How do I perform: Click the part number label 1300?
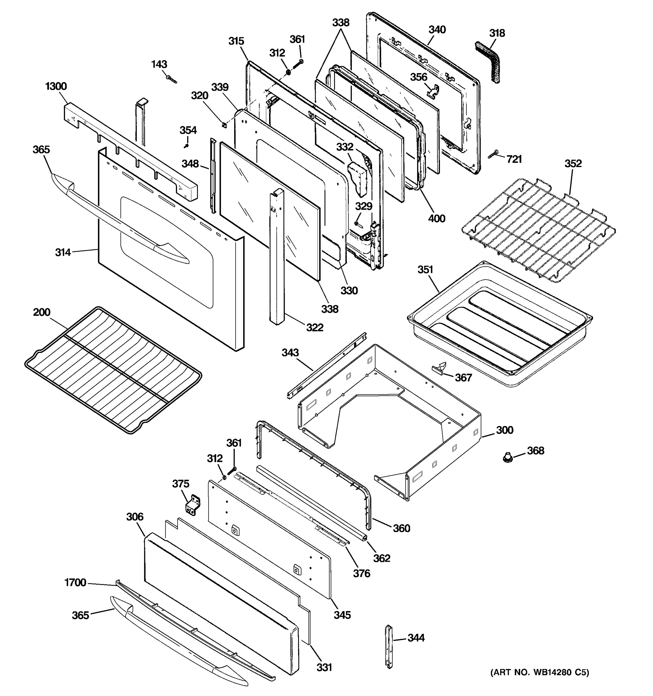pyautogui.click(x=56, y=86)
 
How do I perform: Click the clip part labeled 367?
pyautogui.click(x=440, y=368)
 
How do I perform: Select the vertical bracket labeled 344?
pyautogui.click(x=389, y=646)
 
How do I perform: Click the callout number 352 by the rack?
pyautogui.click(x=573, y=164)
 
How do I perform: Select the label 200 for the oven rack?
pyautogui.click(x=42, y=312)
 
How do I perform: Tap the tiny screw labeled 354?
pyautogui.click(x=187, y=145)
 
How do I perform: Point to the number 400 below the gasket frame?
pyautogui.click(x=436, y=218)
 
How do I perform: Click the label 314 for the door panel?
pyautogui.click(x=63, y=252)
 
